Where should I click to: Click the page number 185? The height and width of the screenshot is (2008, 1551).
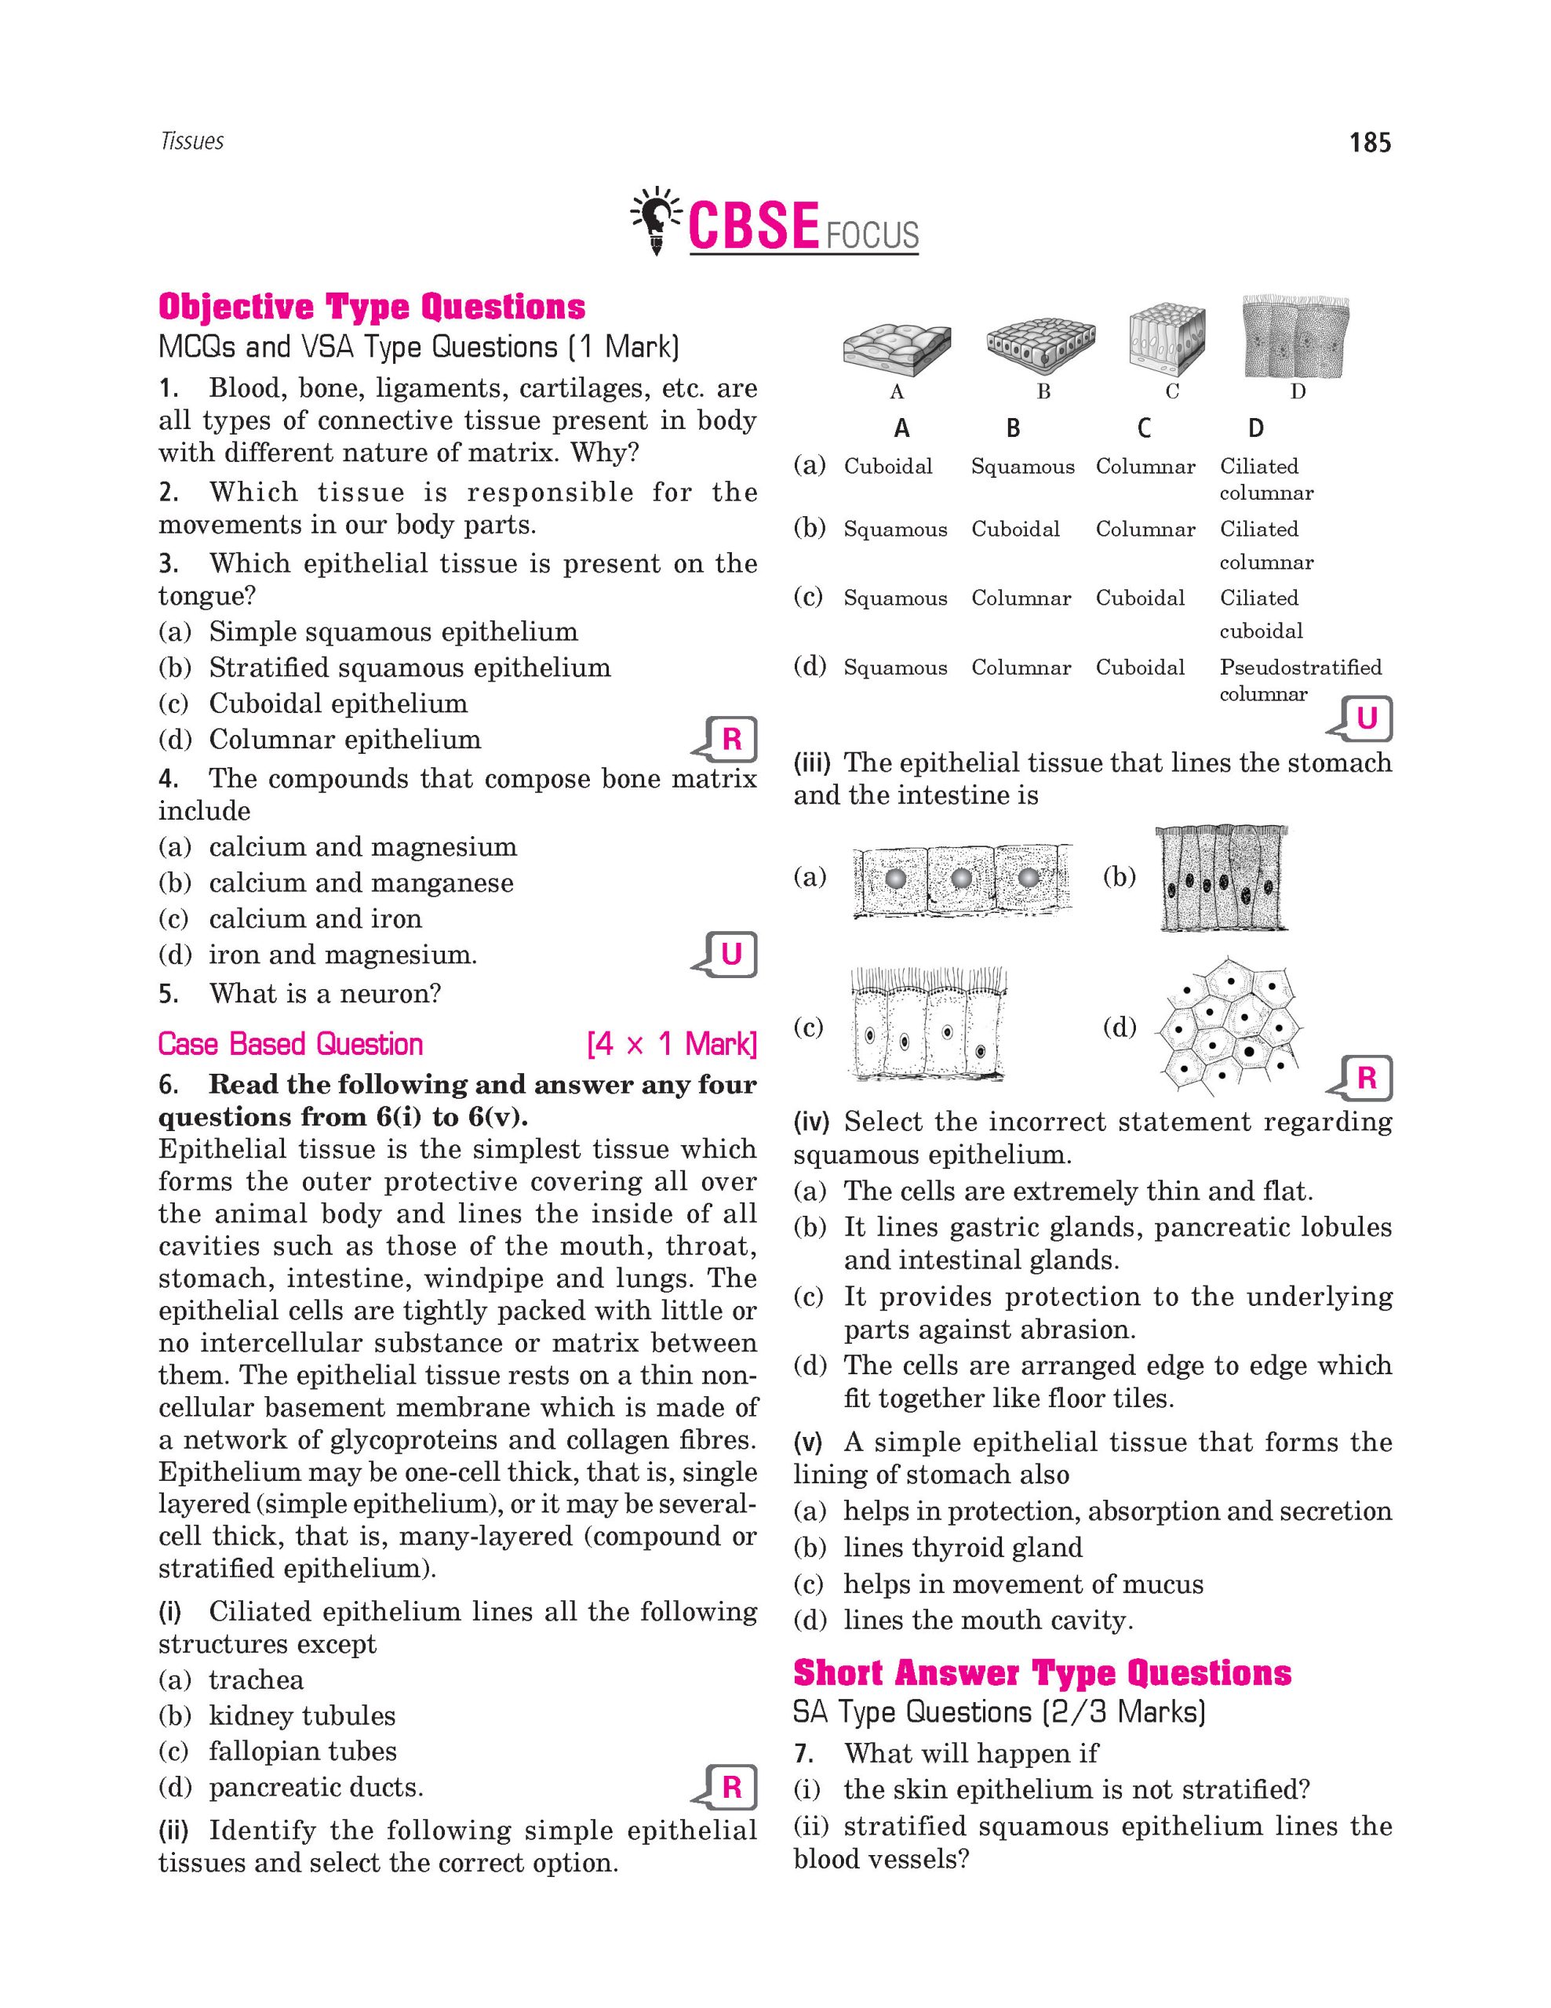(1369, 143)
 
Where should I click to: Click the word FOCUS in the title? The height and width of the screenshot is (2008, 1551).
(872, 235)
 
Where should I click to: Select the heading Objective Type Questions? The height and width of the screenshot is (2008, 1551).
(371, 307)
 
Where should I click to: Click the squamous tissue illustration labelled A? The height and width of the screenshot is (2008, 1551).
(897, 347)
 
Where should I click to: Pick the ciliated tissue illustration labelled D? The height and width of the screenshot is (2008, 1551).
(1295, 337)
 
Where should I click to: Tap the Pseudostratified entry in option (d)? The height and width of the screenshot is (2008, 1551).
(1300, 668)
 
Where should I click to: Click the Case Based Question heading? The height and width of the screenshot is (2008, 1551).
(290, 1045)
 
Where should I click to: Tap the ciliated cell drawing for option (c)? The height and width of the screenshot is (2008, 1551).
(927, 1024)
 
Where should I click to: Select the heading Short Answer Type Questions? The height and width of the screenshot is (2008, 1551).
(1042, 1673)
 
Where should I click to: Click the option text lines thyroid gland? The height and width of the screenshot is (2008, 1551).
(963, 1548)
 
